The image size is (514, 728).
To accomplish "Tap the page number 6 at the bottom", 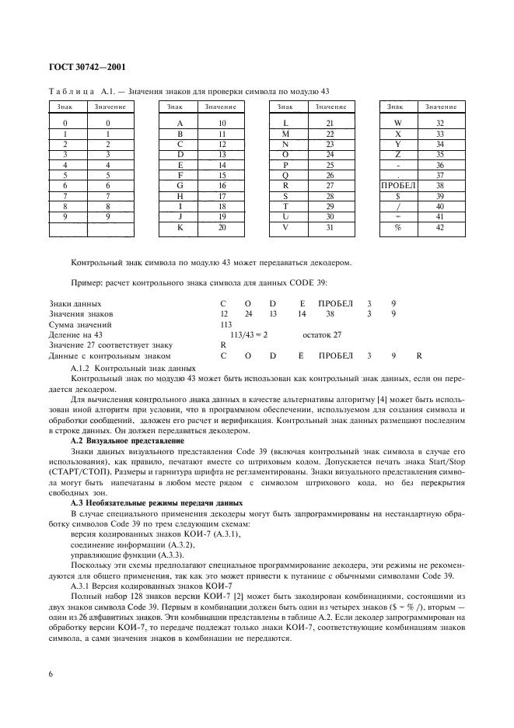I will pos(51,673).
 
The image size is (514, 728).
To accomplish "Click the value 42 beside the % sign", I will pos(440,229).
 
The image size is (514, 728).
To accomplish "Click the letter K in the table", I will pos(180,229).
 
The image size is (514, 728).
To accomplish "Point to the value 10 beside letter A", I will pos(222,124).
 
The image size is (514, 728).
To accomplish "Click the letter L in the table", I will pos(286,124).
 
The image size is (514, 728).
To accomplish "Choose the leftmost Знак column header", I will pos(65,106).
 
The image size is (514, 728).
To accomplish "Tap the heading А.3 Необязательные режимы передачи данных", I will pos(148,503).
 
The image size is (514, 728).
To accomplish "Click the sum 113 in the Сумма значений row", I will pos(227,324).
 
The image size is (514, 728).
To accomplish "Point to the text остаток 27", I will pos(321,334).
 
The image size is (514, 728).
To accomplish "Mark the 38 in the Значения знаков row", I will pos(330,313).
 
